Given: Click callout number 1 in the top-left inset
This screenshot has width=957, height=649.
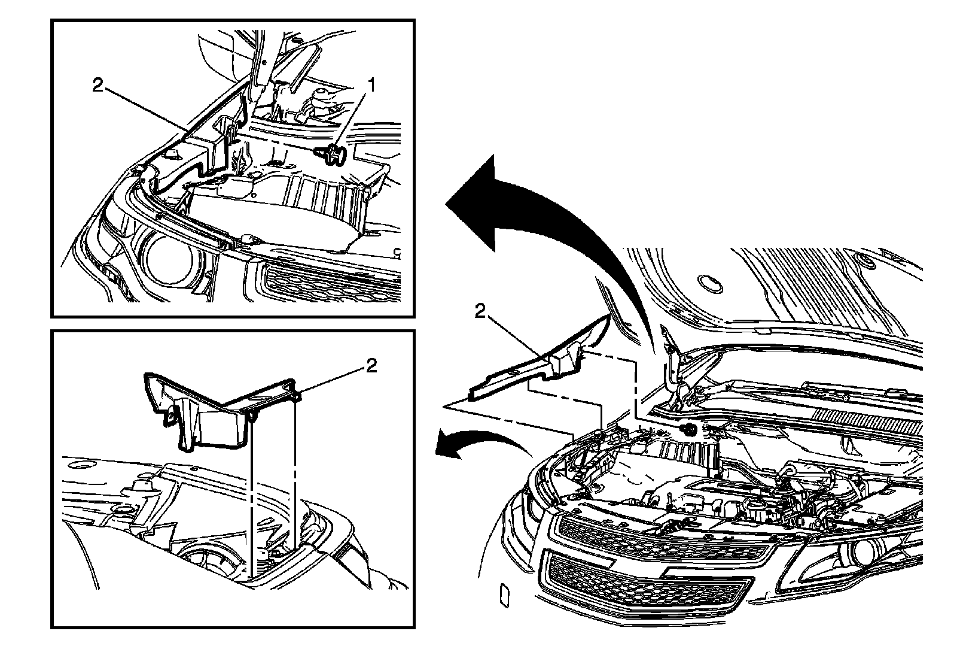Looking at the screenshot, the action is click(372, 86).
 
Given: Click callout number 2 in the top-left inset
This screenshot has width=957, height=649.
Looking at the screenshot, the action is click(98, 86).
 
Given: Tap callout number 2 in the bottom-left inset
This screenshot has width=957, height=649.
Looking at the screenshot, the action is click(371, 366).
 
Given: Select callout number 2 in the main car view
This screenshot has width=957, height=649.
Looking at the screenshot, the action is click(480, 312).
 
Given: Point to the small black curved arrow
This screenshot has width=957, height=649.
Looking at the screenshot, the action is click(478, 445).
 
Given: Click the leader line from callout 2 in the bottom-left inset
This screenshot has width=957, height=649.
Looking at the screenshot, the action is click(332, 382).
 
